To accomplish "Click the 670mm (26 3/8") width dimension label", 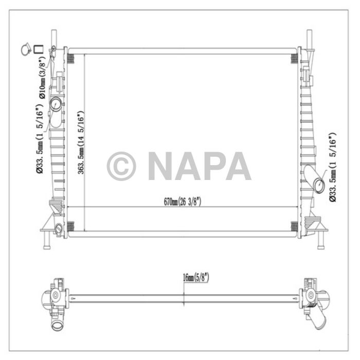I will pyautogui.click(x=183, y=202).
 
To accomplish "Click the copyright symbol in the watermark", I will pyautogui.click(x=121, y=166).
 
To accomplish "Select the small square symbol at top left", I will pyautogui.click(x=38, y=49).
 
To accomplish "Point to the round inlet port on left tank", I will pyautogui.click(x=56, y=105).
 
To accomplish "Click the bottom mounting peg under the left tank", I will pyautogui.click(x=46, y=240).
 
